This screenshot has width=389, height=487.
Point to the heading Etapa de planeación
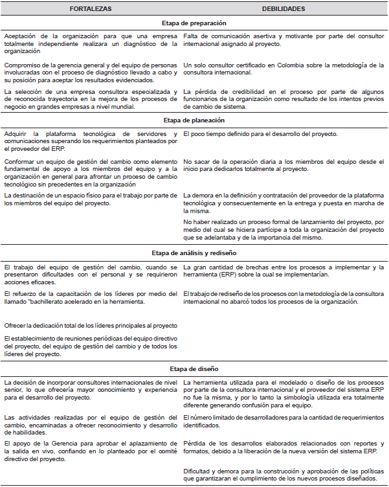click(x=194, y=120)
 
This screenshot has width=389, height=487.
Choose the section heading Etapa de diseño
click(x=194, y=370)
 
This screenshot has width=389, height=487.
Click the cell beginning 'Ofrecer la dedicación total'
click(x=90, y=326)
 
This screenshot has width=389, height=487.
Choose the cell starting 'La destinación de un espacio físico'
click(x=90, y=199)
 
